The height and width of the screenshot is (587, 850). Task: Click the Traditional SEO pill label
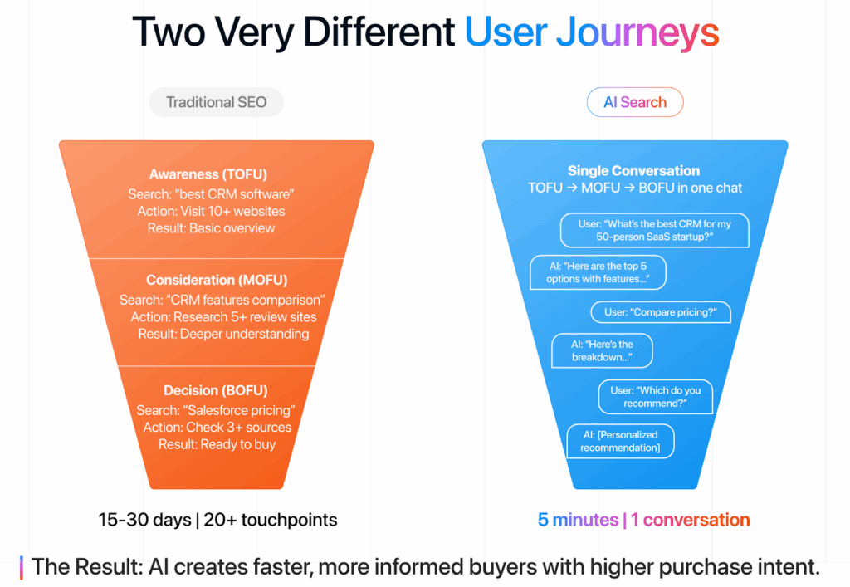tap(216, 102)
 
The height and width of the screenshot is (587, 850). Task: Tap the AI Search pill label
tap(634, 102)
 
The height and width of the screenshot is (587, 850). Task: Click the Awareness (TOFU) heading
tap(210, 174)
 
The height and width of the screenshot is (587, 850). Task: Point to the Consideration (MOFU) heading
tap(217, 280)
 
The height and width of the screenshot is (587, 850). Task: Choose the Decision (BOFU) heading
tap(215, 390)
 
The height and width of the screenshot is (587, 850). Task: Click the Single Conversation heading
tap(633, 170)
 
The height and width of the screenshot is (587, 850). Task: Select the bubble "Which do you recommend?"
tap(656, 397)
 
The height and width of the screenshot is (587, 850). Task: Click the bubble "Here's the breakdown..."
tap(602, 350)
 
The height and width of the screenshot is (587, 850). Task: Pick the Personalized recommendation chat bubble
tap(619, 441)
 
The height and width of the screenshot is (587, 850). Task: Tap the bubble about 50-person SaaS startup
tap(654, 230)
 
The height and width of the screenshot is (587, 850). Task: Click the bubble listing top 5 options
tap(598, 271)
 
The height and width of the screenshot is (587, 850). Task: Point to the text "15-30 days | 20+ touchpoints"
tap(217, 521)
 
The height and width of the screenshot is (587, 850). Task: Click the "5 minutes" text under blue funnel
tap(578, 521)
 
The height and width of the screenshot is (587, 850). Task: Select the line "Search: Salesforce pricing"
tap(216, 410)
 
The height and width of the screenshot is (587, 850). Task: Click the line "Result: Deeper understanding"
tap(223, 334)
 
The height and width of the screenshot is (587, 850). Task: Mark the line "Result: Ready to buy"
tap(217, 444)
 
